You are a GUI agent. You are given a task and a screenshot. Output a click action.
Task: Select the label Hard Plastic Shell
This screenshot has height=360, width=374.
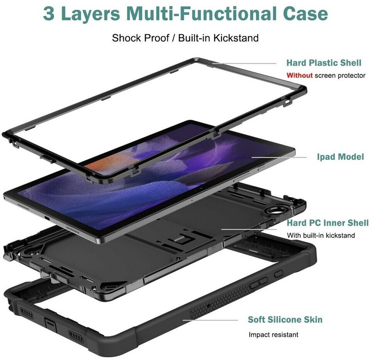[x=324, y=63]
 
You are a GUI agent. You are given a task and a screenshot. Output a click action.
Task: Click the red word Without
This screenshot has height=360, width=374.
[x=299, y=75]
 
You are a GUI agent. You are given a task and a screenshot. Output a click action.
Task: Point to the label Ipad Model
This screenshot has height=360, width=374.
[x=340, y=157]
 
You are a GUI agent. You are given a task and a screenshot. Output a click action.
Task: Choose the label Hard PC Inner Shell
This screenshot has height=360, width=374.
[x=328, y=223]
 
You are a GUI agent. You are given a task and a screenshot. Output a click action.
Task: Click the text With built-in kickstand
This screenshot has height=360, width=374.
[x=321, y=235]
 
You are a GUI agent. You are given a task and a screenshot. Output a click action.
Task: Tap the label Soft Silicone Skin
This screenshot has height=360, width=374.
[x=285, y=320]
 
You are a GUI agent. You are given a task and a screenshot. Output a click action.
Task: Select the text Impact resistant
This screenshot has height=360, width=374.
[x=274, y=335]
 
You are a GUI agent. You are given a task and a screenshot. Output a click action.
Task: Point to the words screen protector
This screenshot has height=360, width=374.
[x=340, y=75]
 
